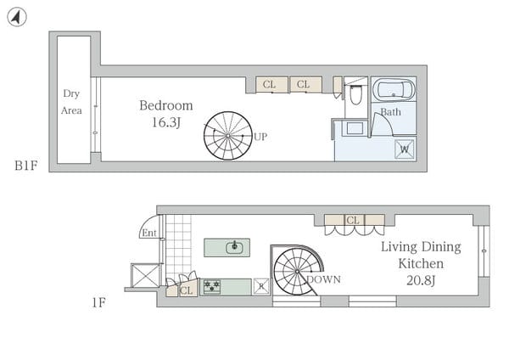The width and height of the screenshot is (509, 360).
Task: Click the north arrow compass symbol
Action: coord(17,17)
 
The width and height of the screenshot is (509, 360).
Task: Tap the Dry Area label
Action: coord(71,102)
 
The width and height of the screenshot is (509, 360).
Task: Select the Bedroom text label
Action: coord(166,105)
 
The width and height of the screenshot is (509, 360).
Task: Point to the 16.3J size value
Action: coord(166,122)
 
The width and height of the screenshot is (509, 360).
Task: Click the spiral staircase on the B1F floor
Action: coord(228,136)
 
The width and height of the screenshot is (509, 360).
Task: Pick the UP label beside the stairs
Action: coord(260,137)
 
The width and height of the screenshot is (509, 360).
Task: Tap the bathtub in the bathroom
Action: coord(394,89)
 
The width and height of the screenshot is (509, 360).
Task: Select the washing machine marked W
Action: coord(405,149)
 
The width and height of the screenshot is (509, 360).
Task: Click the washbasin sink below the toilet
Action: coord(355,128)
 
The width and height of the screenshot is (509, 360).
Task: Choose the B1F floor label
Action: coord(26,166)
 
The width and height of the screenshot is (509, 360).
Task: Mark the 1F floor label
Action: coord(98,303)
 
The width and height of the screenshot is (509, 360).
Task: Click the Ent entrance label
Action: coord(149,233)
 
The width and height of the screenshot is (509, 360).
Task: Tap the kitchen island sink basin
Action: coord(234,248)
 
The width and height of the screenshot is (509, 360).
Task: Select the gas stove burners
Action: coord(211,287)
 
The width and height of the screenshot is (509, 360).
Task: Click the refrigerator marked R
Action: coord(261,287)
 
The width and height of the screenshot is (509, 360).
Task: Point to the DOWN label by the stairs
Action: coord(324,279)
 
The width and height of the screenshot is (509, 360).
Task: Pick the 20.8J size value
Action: coord(421,280)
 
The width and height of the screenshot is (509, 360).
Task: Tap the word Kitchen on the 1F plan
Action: coord(421,263)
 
